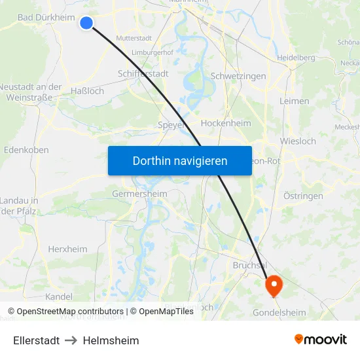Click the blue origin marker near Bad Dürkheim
coord(86,23)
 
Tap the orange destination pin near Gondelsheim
coord(273,284)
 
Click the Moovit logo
coord(321,340)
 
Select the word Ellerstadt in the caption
coord(37,340)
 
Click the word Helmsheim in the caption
coord(111,340)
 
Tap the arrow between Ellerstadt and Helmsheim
coord(71,340)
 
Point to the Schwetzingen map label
coord(238,76)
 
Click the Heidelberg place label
coord(296,58)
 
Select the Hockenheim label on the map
coord(225,123)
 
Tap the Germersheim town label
coord(139,194)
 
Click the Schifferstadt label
coord(143,73)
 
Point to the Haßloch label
coord(86,91)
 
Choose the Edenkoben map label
coord(26,149)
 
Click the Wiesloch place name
coord(297,141)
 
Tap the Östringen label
coord(303,196)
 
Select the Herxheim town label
coord(67,249)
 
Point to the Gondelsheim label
coord(279,312)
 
